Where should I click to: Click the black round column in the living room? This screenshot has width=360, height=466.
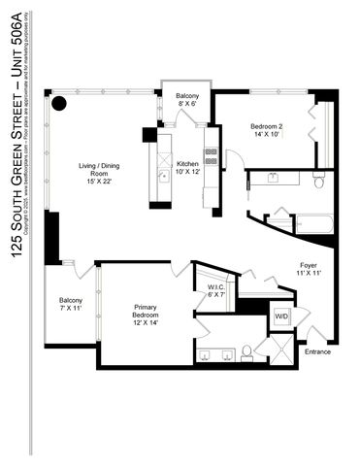[x=59, y=103]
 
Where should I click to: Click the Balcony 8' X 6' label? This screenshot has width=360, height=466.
[x=187, y=100]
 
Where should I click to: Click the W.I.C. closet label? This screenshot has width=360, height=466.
[x=216, y=291]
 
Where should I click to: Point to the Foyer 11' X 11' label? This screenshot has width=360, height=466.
[x=308, y=269]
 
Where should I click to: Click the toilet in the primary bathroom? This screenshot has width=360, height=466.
[x=247, y=350]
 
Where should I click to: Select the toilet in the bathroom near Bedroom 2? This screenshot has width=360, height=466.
[x=317, y=181]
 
